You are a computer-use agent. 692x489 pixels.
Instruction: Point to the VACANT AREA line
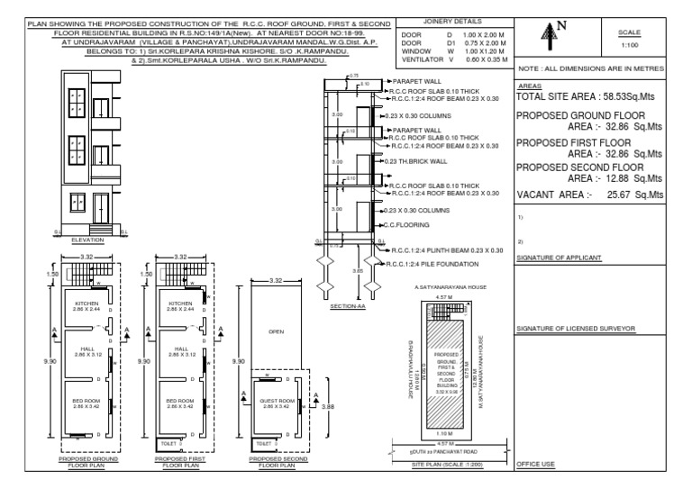pyautogui.click(x=589, y=194)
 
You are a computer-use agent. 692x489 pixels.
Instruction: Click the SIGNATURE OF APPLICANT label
pyautogui.click(x=559, y=258)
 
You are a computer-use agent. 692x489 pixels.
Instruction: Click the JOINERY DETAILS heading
pyautogui.click(x=451, y=20)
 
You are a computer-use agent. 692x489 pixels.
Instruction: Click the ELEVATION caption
pyautogui.click(x=88, y=240)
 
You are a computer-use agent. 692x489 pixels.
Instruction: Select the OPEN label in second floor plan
pyautogui.click(x=277, y=331)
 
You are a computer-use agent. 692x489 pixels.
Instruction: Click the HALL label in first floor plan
pyautogui.click(x=180, y=349)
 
